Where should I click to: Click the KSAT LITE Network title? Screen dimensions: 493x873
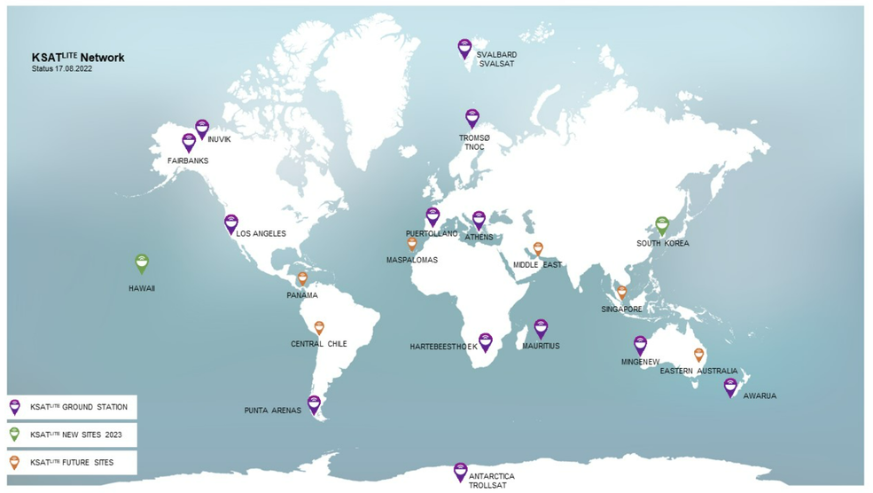tap(78, 58)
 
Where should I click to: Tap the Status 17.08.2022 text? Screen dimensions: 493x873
tap(62, 69)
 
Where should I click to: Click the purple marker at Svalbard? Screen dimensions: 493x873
tap(464, 48)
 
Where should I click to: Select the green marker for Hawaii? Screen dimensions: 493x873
tap(142, 262)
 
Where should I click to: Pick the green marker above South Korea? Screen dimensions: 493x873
tap(661, 225)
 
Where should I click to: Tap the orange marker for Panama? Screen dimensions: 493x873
tap(302, 278)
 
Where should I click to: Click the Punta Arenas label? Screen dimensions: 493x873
tap(272, 411)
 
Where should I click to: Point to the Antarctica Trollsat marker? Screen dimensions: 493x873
tap(460, 471)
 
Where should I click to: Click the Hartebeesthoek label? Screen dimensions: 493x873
tap(443, 347)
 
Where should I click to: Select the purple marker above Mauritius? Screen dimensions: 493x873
tap(541, 328)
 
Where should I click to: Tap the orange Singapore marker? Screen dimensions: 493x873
tap(621, 292)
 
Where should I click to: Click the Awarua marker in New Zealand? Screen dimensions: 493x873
tap(730, 387)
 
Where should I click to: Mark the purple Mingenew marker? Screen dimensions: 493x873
tap(640, 345)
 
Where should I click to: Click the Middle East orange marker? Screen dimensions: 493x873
tap(538, 249)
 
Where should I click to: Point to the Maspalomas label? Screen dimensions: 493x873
tap(411, 260)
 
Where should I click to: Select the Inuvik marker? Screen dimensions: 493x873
tap(202, 128)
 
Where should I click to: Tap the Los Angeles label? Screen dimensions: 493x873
tap(261, 233)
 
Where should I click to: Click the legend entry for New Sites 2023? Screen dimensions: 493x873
tap(72, 435)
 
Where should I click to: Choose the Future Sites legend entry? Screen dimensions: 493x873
tap(72, 462)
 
